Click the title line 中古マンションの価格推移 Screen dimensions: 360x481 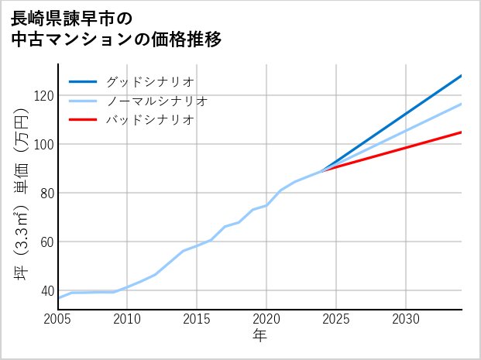click(x=116, y=39)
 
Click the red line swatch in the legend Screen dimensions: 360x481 click(x=84, y=120)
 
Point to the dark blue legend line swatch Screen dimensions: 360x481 click(x=84, y=81)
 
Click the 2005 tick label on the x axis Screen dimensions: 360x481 click(x=58, y=319)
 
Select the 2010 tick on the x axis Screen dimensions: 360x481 click(x=127, y=319)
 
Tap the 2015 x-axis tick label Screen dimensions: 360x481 click(x=197, y=319)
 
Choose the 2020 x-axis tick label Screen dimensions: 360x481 click(x=266, y=319)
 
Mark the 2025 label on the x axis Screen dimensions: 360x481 click(x=336, y=319)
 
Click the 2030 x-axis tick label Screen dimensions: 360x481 click(x=406, y=319)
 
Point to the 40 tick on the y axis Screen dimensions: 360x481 click(x=43, y=290)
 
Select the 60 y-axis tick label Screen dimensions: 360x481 click(x=43, y=242)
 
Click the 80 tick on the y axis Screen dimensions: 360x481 click(x=43, y=193)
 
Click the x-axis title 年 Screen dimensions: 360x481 click(x=259, y=336)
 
